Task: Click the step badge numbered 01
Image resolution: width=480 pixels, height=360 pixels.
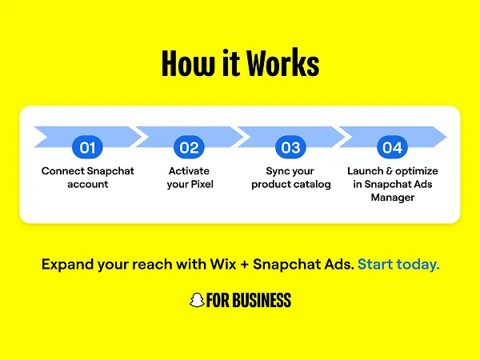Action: pos(88,148)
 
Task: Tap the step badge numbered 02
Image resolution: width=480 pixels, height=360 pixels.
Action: pos(189,148)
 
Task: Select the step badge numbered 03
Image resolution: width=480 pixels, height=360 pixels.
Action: pos(290,148)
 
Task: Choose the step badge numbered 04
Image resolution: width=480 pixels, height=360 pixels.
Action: pos(392,148)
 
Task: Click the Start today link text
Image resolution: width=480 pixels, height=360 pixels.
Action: pos(398,264)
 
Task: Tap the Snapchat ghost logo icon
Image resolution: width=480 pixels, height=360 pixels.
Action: pos(195,301)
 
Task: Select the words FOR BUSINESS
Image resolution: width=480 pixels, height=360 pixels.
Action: pos(249,301)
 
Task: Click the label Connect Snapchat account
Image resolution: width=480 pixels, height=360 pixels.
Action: pos(88,178)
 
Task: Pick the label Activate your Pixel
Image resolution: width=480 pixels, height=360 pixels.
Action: pos(190,178)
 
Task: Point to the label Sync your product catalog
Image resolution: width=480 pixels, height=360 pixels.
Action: pos(290,178)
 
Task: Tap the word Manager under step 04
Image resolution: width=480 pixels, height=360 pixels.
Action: pos(392,198)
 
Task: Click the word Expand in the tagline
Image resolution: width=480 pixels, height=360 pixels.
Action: pos(68,264)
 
